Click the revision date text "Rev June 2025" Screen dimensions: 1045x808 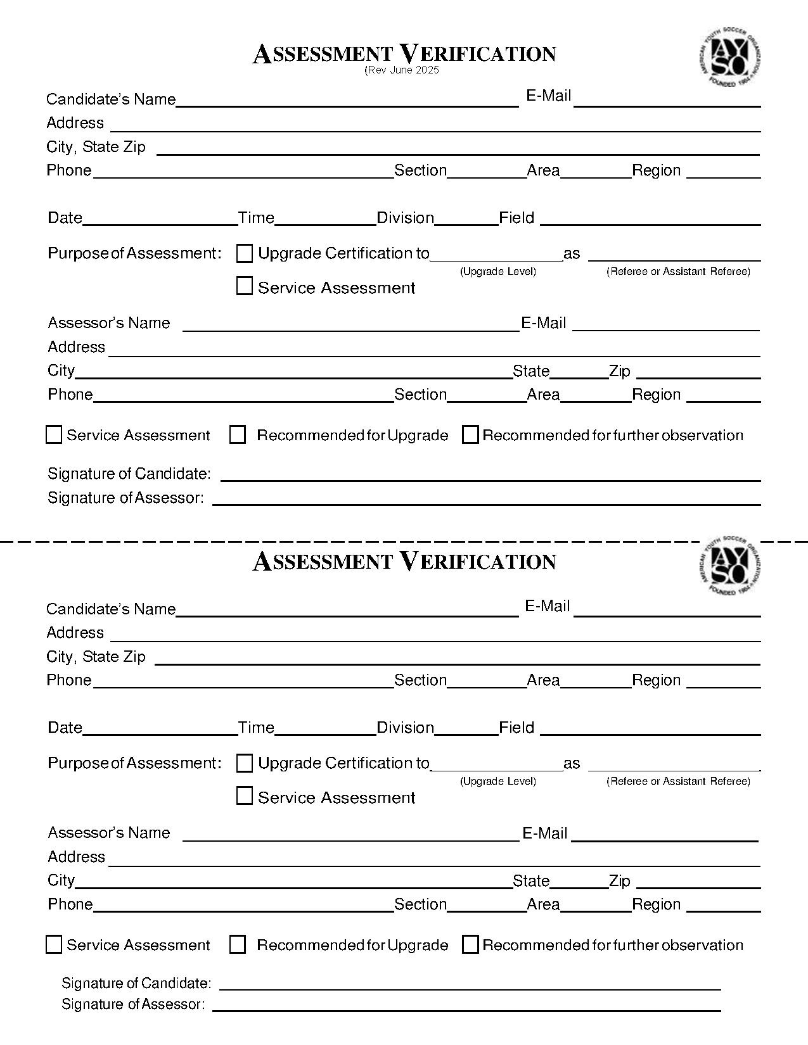tap(402, 70)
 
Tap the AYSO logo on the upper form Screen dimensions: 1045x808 tap(729, 58)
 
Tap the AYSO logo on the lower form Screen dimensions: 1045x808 tap(729, 565)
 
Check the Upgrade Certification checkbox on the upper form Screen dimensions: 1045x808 tap(245, 253)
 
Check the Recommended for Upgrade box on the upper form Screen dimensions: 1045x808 tap(238, 435)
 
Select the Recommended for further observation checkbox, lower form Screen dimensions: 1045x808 tap(470, 945)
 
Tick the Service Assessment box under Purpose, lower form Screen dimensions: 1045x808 tap(245, 796)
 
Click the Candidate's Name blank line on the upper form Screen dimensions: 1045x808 tap(347, 101)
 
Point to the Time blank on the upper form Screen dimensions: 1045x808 tap(326, 220)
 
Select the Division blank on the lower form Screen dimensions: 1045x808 tap(466, 730)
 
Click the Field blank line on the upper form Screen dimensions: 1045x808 tap(650, 220)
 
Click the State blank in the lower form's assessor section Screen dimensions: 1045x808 tap(579, 883)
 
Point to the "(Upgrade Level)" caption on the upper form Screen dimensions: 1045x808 tap(498, 272)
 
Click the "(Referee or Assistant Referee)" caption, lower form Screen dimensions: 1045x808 tap(678, 782)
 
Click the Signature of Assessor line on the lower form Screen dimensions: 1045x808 tap(466, 1006)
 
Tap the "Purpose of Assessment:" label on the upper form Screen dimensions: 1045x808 tap(134, 253)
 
